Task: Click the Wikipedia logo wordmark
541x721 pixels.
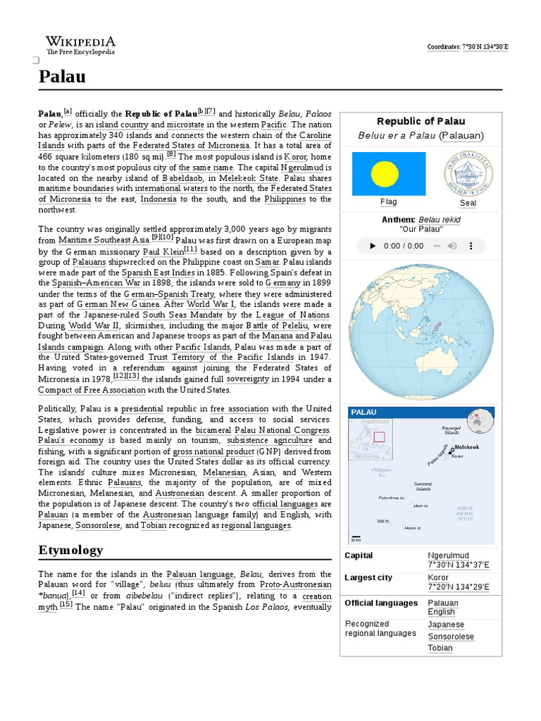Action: click(80, 42)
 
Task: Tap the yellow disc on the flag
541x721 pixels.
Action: click(385, 173)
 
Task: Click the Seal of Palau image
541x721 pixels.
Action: click(468, 173)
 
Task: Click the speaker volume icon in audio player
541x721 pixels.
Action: click(452, 246)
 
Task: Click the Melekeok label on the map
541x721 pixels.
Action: click(467, 447)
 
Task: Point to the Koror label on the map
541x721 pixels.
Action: click(458, 456)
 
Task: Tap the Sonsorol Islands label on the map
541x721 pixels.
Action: click(423, 486)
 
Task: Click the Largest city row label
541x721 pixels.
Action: click(368, 578)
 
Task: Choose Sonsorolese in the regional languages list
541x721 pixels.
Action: click(451, 637)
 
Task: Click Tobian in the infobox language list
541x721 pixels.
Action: click(440, 648)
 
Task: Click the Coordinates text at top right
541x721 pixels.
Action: click(468, 47)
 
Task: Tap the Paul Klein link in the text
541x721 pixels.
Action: click(163, 251)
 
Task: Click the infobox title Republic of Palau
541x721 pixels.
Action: click(421, 122)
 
